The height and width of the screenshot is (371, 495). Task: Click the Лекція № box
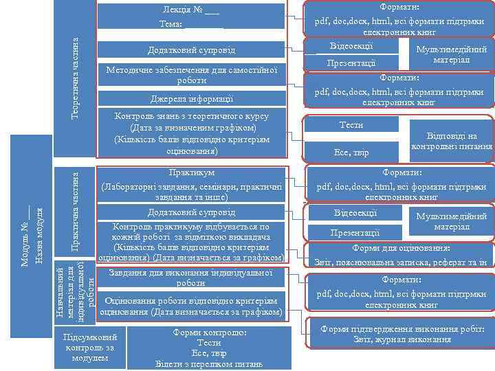point(191,16)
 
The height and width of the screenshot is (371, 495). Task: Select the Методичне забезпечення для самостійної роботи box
point(191,75)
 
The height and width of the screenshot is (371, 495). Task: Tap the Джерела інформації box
point(191,98)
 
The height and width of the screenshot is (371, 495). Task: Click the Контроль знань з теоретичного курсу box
point(191,133)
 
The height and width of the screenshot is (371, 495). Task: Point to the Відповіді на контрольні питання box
point(451,140)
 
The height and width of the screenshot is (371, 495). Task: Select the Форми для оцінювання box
point(401,254)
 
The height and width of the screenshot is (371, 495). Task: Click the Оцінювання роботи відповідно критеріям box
point(191,306)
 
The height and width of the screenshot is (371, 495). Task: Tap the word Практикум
point(191,172)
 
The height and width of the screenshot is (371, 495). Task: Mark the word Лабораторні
point(131,186)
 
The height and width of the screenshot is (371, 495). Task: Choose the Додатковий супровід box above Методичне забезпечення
point(191,50)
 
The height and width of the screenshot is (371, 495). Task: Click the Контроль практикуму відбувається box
point(191,241)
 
